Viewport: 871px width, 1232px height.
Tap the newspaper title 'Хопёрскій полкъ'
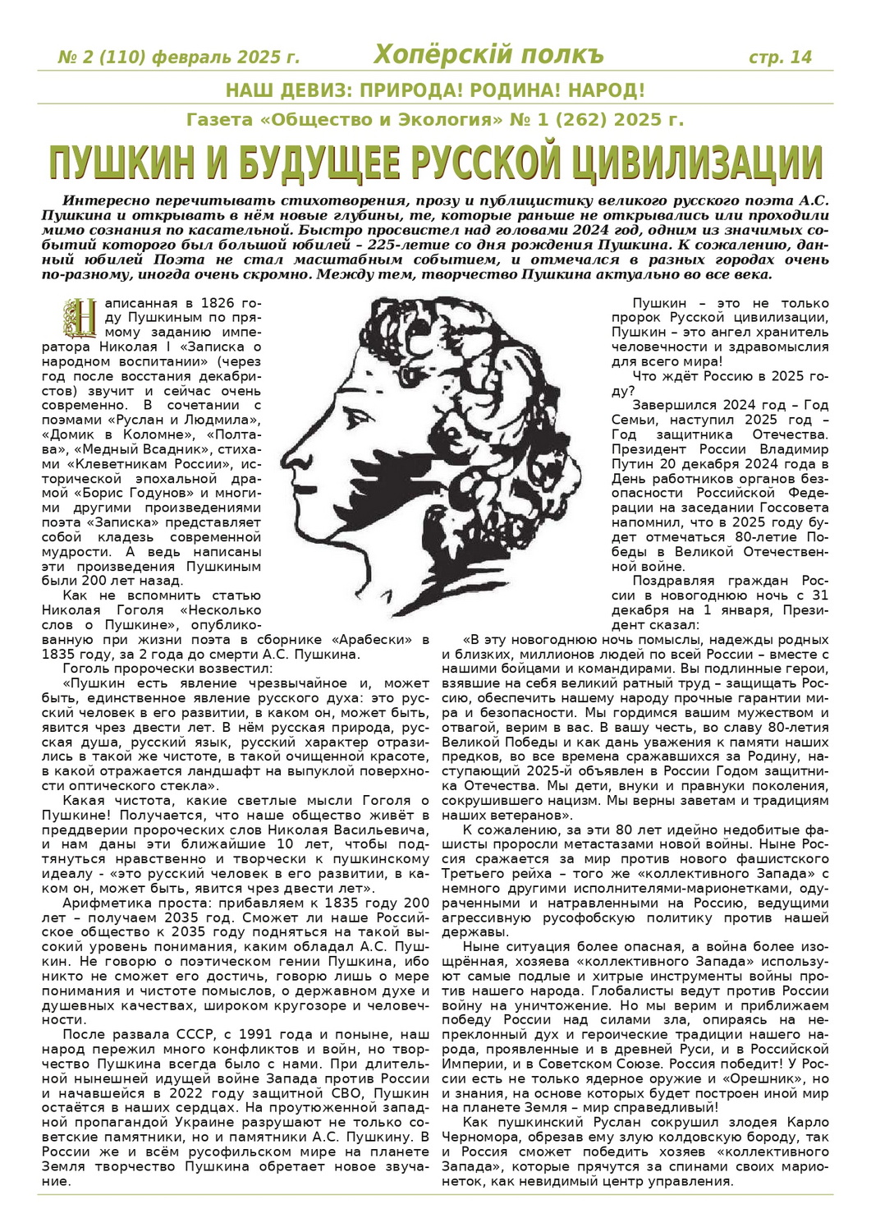488,55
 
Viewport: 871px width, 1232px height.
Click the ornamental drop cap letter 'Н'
80,319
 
